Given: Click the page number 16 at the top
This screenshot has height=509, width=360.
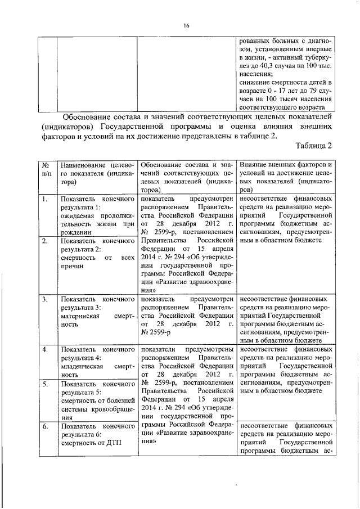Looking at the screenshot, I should coord(187,25).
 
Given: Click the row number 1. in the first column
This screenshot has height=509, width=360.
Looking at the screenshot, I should coord(43,199).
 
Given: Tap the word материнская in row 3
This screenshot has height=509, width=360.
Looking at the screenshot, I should coord(81,316).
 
